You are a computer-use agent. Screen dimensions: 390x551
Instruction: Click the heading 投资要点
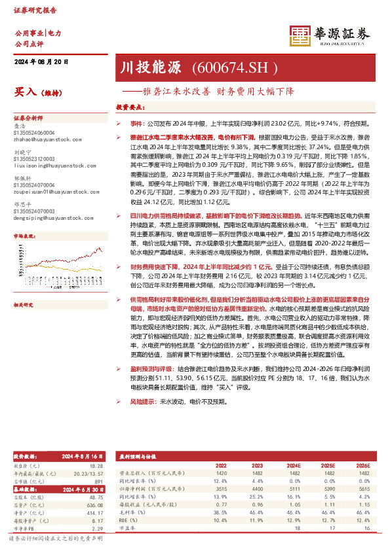[x=129, y=106]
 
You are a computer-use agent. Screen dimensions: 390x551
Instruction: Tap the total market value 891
[x=99, y=481]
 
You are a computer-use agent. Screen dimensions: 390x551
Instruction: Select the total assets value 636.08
[x=95, y=505]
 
